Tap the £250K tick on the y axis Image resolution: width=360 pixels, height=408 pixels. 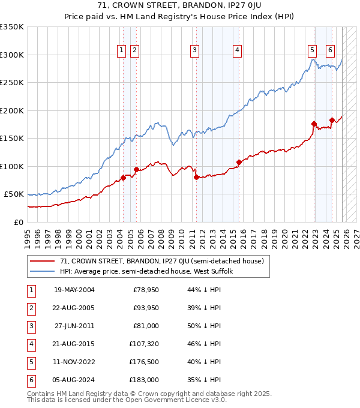(x=12, y=83)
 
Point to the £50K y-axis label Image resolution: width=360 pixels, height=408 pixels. (x=14, y=194)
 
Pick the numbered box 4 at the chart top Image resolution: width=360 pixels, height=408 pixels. (x=238, y=50)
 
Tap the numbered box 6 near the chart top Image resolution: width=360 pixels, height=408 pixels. (x=331, y=50)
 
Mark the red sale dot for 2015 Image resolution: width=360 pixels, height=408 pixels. (x=239, y=162)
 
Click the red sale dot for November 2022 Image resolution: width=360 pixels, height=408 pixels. (x=314, y=124)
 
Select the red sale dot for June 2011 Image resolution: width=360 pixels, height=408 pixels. (x=196, y=177)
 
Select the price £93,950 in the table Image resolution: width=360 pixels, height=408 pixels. (x=146, y=307)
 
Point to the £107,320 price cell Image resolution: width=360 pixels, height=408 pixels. (x=144, y=344)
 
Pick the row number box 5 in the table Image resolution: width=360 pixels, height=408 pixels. (x=31, y=362)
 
